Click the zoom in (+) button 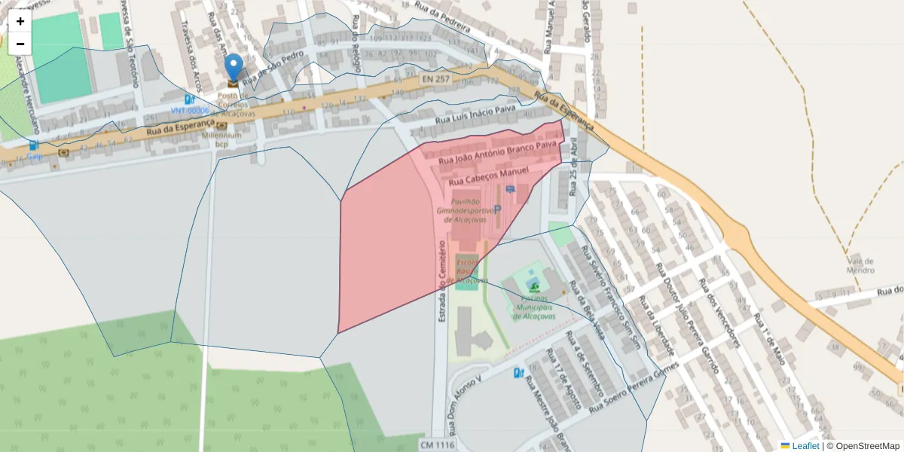pyautogui.click(x=20, y=21)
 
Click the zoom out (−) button pyautogui.click(x=20, y=44)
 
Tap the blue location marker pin pyautogui.click(x=234, y=67)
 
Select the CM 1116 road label pyautogui.click(x=437, y=445)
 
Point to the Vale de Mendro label pyautogui.click(x=860, y=265)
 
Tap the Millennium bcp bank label pyautogui.click(x=222, y=139)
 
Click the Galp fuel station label pyautogui.click(x=34, y=157)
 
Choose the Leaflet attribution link pyautogui.click(x=805, y=446)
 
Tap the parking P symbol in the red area pyautogui.click(x=497, y=209)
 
